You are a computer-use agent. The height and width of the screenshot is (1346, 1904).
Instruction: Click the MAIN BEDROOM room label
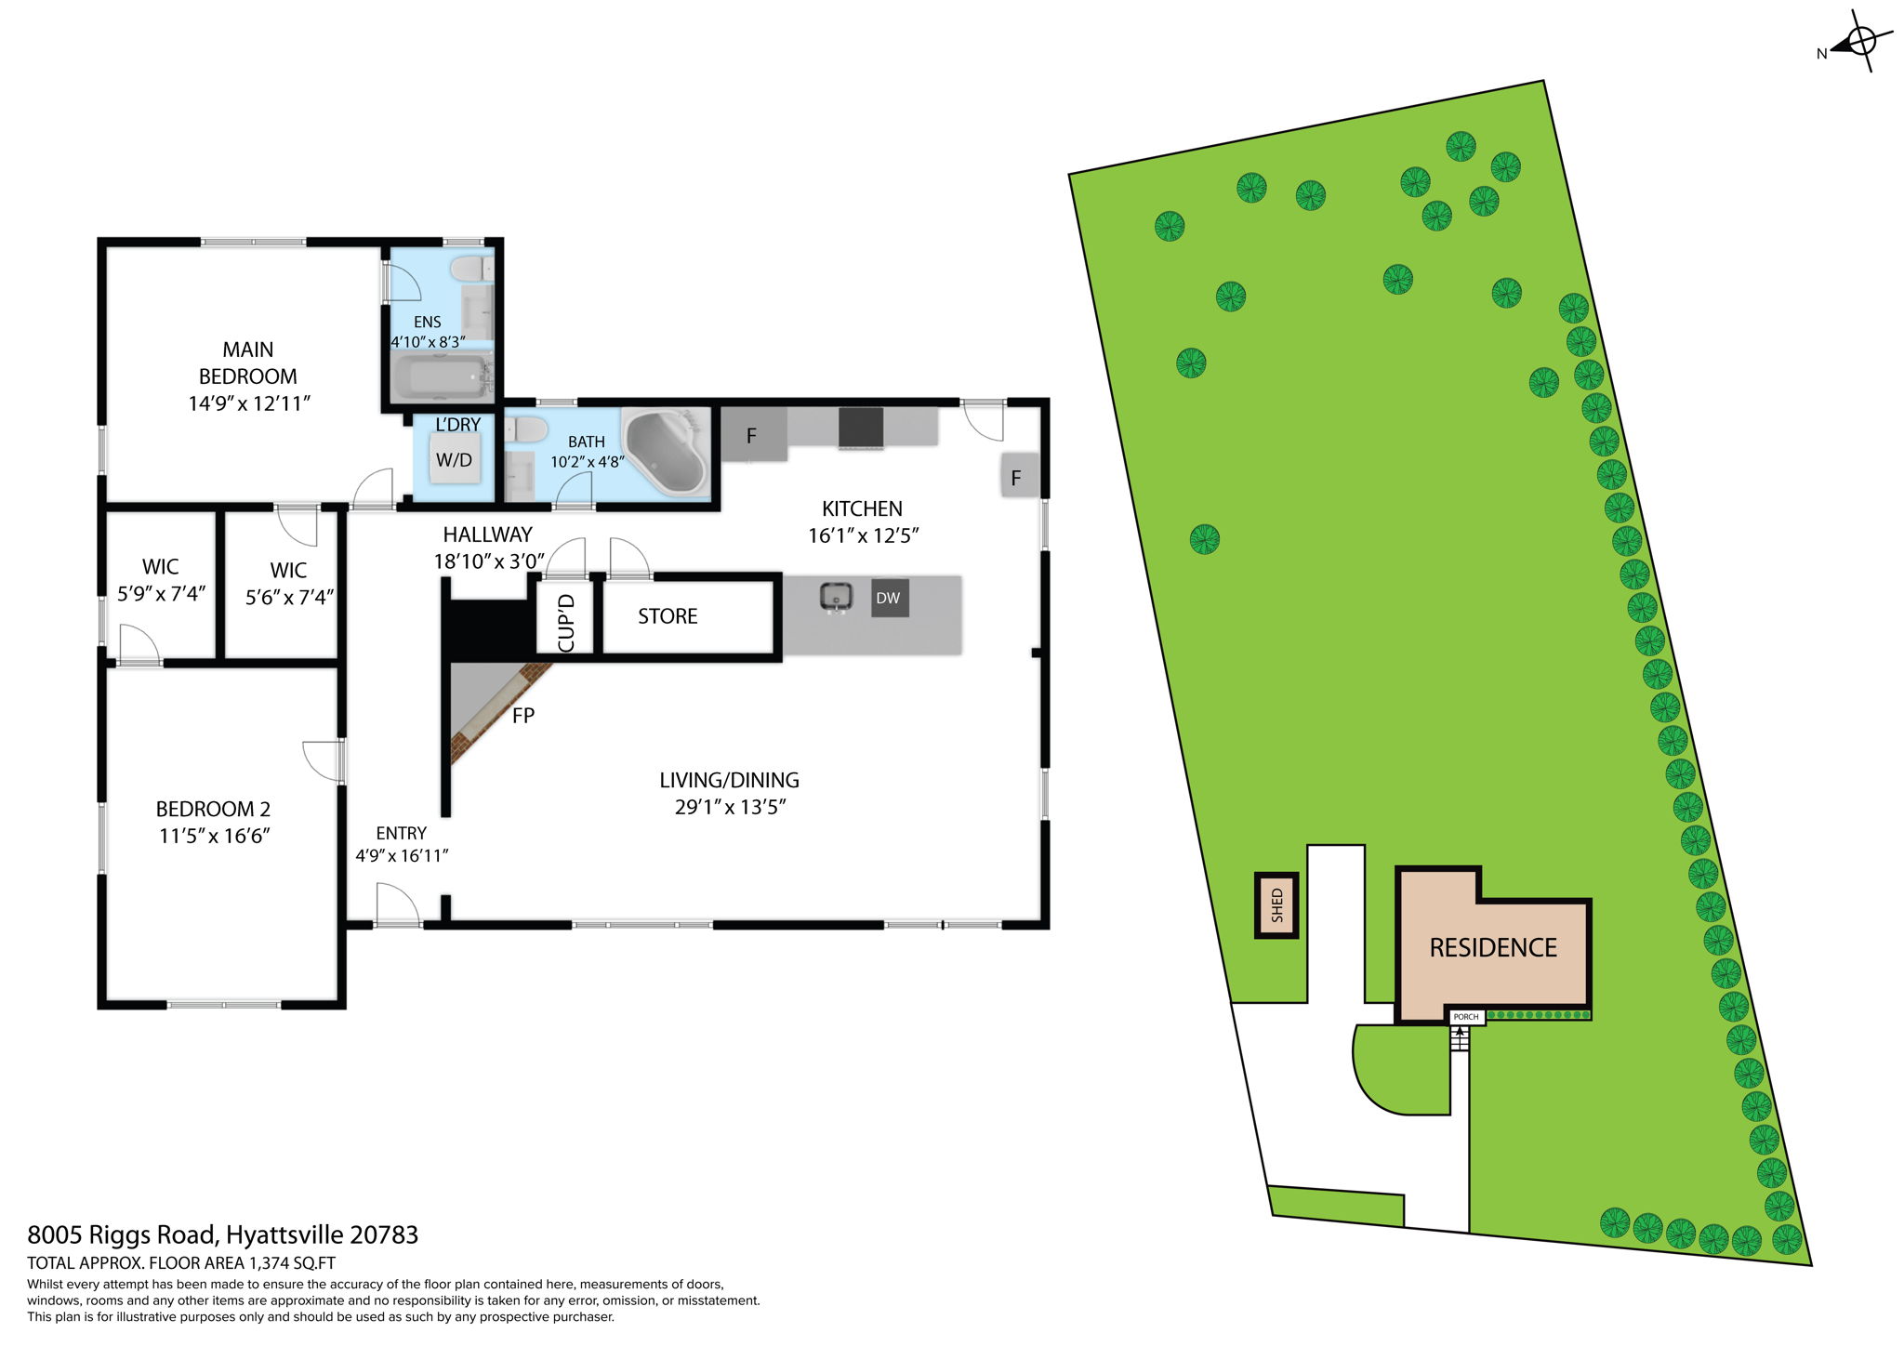tap(247, 363)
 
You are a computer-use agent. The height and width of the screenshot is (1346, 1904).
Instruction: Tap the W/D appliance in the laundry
tap(454, 459)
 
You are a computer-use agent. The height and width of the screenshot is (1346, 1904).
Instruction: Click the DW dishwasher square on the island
tap(888, 598)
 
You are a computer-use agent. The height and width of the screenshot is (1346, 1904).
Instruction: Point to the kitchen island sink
tap(837, 596)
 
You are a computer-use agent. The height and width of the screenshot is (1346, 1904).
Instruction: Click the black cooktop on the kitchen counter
tap(861, 429)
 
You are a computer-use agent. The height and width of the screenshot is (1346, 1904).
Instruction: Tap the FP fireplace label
tap(523, 715)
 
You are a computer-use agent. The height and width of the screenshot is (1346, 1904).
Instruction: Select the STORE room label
tap(668, 616)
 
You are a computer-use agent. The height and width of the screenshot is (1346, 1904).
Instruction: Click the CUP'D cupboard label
tap(566, 623)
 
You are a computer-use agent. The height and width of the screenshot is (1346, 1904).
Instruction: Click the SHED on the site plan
tap(1276, 904)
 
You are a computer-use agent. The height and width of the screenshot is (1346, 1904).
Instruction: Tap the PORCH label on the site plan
tap(1466, 1017)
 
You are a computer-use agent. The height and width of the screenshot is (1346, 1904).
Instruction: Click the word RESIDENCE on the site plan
tap(1493, 948)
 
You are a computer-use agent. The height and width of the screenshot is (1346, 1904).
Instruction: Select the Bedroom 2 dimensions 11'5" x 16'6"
tap(214, 836)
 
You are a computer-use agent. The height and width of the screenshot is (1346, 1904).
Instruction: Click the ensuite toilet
tap(471, 270)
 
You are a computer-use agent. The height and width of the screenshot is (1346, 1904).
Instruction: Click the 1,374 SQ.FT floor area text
tap(291, 1263)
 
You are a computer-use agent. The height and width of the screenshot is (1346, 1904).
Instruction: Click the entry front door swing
tap(398, 903)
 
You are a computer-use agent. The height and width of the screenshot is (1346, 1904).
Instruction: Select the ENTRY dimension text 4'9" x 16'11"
tap(402, 855)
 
